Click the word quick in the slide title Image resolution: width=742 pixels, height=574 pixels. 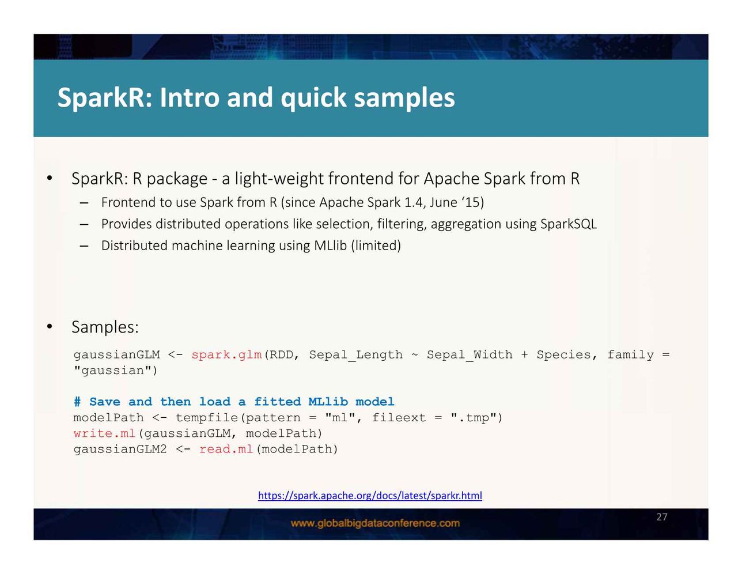tap(313, 99)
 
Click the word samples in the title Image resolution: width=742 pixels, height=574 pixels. tap(404, 99)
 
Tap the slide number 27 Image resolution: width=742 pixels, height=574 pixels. tap(661, 516)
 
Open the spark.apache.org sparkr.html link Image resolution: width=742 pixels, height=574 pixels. tap(370, 495)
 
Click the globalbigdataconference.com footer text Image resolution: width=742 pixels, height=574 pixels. tap(375, 523)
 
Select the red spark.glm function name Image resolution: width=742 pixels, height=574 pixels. tap(226, 354)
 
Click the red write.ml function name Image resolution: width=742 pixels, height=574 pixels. tap(104, 433)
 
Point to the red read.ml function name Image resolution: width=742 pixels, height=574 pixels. tap(226, 449)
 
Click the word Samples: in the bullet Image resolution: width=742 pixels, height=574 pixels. tap(105, 327)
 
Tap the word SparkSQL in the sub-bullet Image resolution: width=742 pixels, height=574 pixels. tap(568, 224)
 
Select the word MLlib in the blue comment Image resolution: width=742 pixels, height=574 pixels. tap(328, 402)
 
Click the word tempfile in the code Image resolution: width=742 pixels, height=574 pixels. tap(207, 417)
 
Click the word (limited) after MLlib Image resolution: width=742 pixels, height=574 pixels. tap(376, 246)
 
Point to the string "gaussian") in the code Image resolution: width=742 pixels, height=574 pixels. tap(115, 370)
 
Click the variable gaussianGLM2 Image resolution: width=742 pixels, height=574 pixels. tap(120, 449)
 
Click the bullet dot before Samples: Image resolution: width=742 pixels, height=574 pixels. tap(50, 327)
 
